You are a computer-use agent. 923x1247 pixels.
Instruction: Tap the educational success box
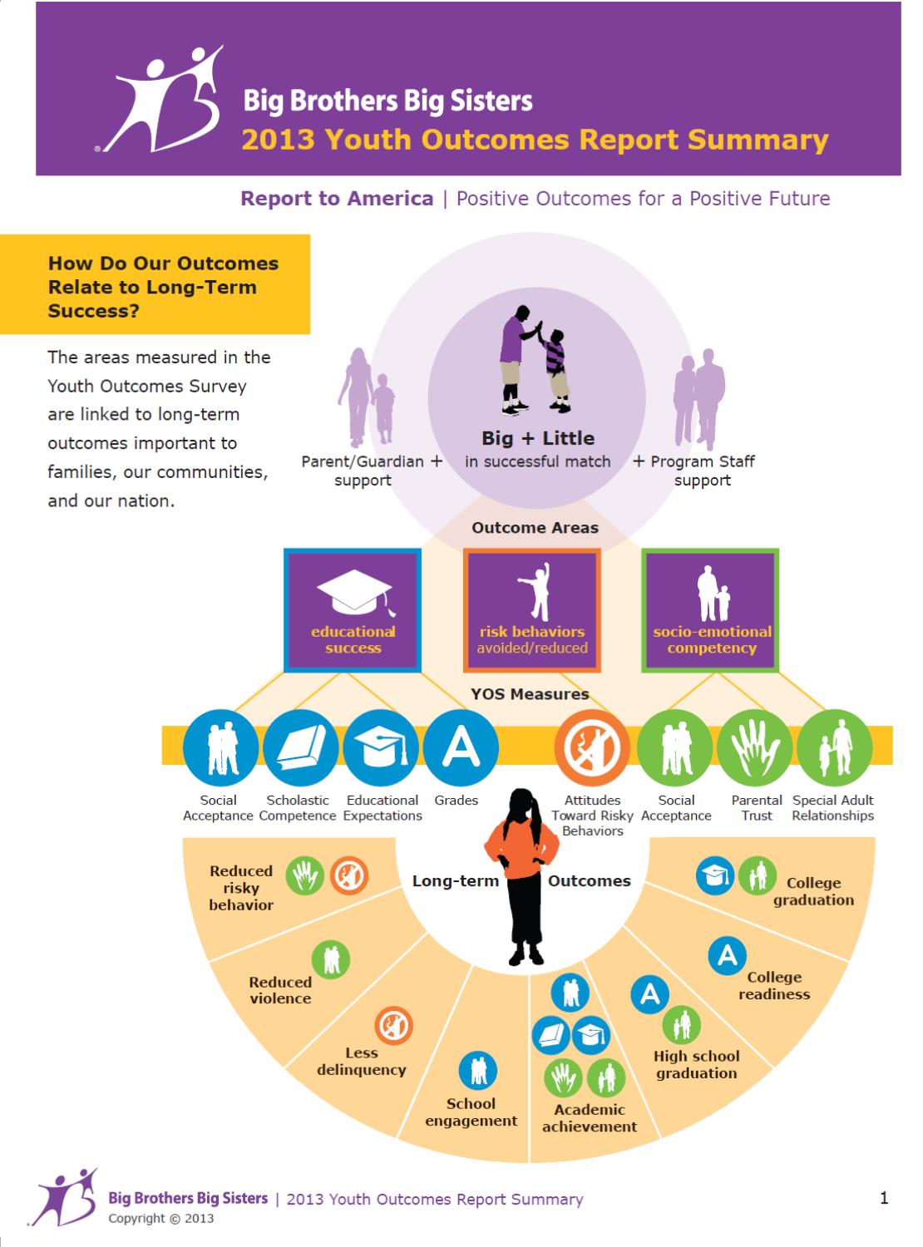(x=353, y=610)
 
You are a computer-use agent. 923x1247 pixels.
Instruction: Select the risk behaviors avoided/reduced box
(x=532, y=610)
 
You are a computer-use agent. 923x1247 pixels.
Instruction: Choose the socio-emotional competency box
(x=711, y=610)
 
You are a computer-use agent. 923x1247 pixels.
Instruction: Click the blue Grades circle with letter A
(x=461, y=747)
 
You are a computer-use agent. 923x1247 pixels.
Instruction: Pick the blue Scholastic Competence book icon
(x=300, y=747)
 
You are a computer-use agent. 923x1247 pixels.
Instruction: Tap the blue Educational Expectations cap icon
(x=381, y=747)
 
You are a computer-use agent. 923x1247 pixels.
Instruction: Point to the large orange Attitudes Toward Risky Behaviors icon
(x=592, y=747)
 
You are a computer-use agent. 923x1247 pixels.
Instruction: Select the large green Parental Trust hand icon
(x=755, y=747)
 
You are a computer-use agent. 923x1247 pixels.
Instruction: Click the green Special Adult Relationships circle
(x=834, y=747)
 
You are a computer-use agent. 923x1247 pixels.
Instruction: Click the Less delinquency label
(x=362, y=1062)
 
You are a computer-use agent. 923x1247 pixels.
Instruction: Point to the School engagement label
(x=471, y=1112)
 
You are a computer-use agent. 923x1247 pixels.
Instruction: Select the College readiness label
(x=774, y=985)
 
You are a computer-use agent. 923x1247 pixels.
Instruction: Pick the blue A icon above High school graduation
(x=650, y=993)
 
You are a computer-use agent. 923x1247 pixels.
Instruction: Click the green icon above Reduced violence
(x=331, y=959)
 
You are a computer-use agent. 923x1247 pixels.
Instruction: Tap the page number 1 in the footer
(x=884, y=1198)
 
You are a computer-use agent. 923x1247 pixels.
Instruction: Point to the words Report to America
(x=337, y=199)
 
